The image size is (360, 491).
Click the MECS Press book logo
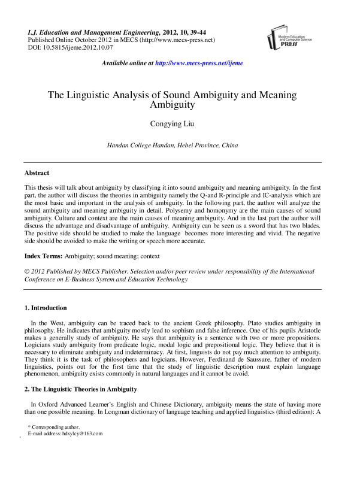click(x=277, y=40)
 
